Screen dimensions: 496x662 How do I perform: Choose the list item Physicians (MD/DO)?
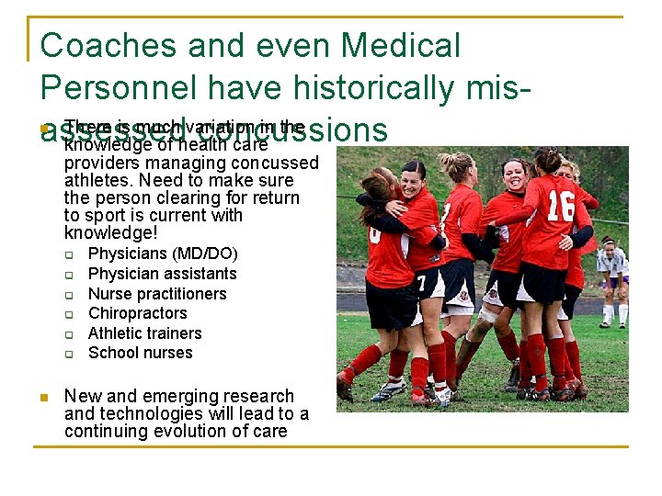[x=163, y=254]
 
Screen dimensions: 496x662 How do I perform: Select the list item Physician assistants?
[x=162, y=274]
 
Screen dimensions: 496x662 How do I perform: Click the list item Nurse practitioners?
[x=157, y=294]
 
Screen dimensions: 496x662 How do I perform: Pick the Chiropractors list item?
[x=137, y=313]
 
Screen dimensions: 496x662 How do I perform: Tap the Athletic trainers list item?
[x=144, y=333]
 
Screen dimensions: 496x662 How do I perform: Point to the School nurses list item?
[x=140, y=353]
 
